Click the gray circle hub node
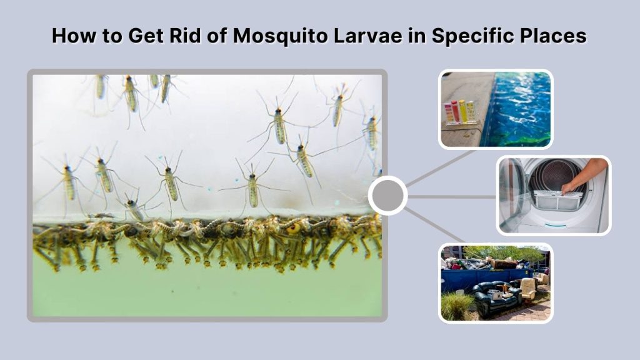click(387, 196)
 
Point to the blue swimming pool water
click(522, 106)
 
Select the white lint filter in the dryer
click(556, 199)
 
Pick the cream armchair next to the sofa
click(528, 288)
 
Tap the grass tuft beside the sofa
click(457, 306)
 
